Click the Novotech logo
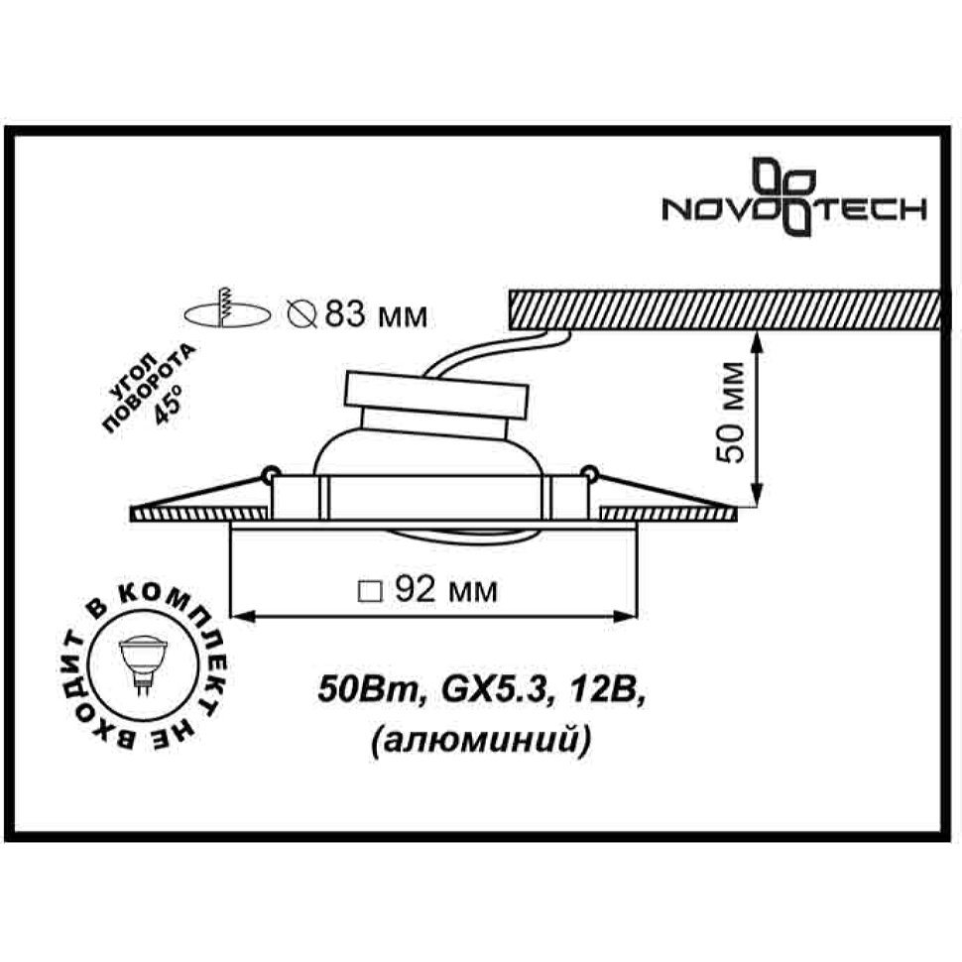click(793, 197)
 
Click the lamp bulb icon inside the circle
click(143, 665)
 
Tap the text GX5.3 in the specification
click(494, 691)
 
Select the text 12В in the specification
click(606, 691)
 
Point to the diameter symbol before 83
click(302, 315)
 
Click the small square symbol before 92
click(370, 591)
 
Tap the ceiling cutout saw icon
click(227, 308)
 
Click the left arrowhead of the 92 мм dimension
click(242, 615)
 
